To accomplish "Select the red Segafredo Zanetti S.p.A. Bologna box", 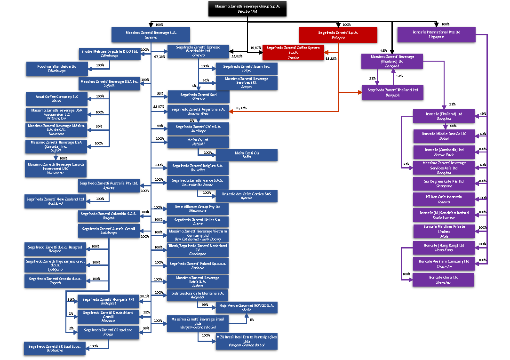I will point(338,35).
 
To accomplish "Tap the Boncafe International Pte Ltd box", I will point(436,35).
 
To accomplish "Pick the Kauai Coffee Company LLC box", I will point(56,99).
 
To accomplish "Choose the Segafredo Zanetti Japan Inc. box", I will point(247,69).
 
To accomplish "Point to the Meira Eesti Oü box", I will point(247,155).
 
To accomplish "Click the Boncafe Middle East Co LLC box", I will point(443,136).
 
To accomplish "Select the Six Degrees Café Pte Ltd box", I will point(443,183).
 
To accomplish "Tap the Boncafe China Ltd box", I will point(443,280).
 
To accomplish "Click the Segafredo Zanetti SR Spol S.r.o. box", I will point(55,349).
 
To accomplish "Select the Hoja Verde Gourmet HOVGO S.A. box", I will point(247,308).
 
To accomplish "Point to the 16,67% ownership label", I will point(255,48).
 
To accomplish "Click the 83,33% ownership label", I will point(331,59).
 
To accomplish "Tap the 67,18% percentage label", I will point(159,56).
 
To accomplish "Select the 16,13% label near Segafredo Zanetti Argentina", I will point(240,108).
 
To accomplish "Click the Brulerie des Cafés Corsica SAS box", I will point(247,196).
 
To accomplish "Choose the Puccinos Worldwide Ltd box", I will point(56,69).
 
